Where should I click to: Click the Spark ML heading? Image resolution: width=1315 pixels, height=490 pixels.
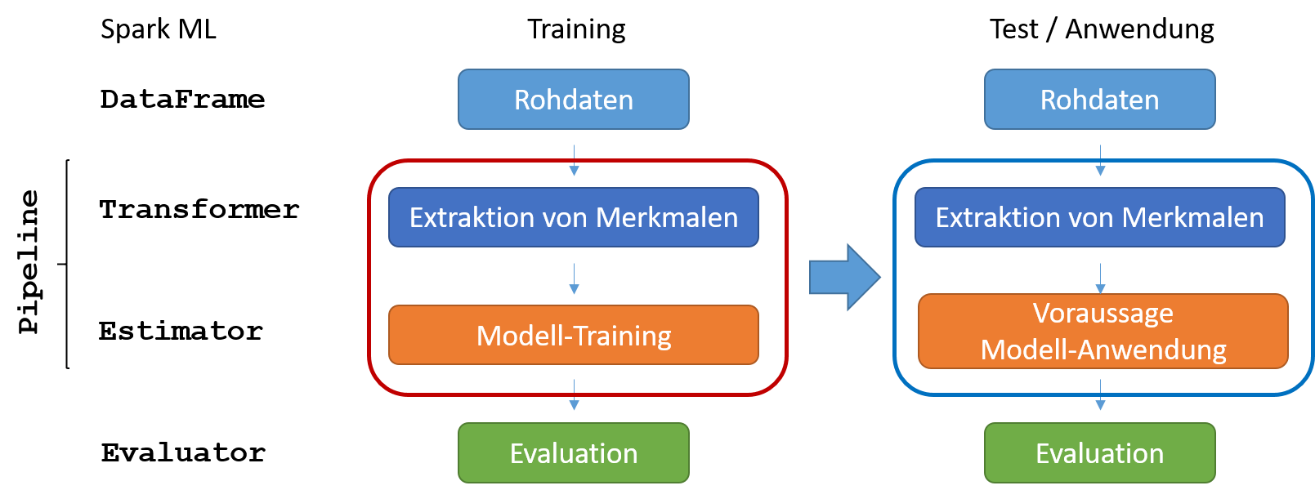(158, 29)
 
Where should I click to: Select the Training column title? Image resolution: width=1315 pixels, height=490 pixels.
(576, 29)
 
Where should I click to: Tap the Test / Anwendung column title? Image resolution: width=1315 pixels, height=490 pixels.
(1101, 29)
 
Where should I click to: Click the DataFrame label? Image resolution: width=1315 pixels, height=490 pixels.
(182, 100)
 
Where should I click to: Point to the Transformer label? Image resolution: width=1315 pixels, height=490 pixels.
(199, 210)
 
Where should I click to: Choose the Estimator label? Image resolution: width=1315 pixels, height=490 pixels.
(181, 331)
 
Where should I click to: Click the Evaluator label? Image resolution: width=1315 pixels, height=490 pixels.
(183, 452)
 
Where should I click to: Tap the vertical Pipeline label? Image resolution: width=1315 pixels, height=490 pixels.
(29, 262)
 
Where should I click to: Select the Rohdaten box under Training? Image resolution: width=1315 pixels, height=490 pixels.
(574, 100)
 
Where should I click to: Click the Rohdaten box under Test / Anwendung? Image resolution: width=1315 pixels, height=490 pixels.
(1099, 100)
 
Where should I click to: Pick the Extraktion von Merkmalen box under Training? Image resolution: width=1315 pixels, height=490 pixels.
(574, 217)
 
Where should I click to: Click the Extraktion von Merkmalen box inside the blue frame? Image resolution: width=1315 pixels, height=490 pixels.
(1099, 217)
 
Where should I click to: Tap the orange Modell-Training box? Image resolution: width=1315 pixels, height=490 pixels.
(574, 335)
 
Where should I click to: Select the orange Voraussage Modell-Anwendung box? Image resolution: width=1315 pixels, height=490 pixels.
(1103, 332)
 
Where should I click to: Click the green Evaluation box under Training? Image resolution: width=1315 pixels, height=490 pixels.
(574, 453)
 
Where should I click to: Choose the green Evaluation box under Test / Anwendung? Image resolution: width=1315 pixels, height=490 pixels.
(1099, 453)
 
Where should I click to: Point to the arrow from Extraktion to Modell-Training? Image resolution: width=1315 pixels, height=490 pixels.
(574, 278)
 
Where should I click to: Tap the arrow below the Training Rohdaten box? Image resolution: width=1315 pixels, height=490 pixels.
(574, 160)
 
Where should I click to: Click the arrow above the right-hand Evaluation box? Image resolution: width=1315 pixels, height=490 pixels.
(1100, 394)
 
